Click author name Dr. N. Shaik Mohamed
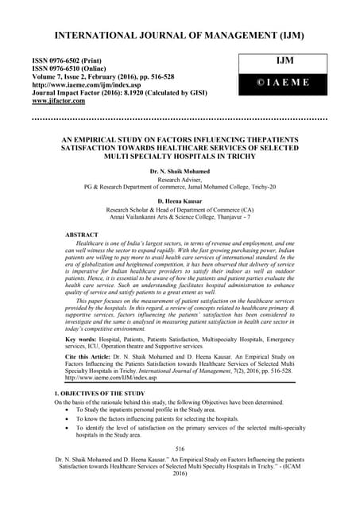[x=180, y=173]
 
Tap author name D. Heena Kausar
[x=180, y=203]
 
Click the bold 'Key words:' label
[x=83, y=338]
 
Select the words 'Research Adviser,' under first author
[x=180, y=181]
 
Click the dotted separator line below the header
[x=180, y=119]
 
